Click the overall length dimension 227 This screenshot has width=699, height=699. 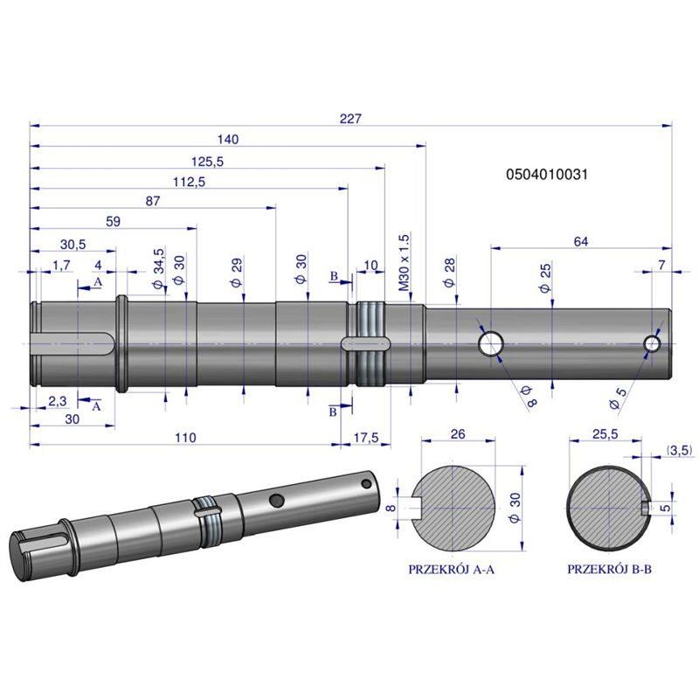click(x=350, y=119)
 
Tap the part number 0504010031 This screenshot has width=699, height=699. click(x=547, y=174)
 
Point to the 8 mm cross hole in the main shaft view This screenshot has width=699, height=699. click(x=491, y=343)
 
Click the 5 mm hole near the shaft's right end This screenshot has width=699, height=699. click(x=652, y=343)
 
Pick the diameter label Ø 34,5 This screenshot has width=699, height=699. click(x=159, y=269)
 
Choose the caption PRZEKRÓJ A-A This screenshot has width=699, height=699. click(x=451, y=570)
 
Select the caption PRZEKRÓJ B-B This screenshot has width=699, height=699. click(x=609, y=570)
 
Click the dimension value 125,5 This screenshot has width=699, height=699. click(x=207, y=162)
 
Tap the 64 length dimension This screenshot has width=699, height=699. click(x=581, y=242)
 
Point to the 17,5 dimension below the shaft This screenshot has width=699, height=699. click(x=366, y=438)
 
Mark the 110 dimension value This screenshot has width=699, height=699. click(x=185, y=438)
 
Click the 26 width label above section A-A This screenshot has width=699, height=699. click(x=458, y=434)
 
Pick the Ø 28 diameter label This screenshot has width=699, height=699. click(x=449, y=272)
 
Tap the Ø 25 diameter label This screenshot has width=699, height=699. click(x=545, y=278)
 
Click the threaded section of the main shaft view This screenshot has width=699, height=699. click(x=370, y=343)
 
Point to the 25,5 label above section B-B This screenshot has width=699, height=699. click(x=605, y=434)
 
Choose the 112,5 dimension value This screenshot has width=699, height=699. click(x=190, y=182)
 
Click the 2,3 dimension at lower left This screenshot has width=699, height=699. click(x=57, y=401)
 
